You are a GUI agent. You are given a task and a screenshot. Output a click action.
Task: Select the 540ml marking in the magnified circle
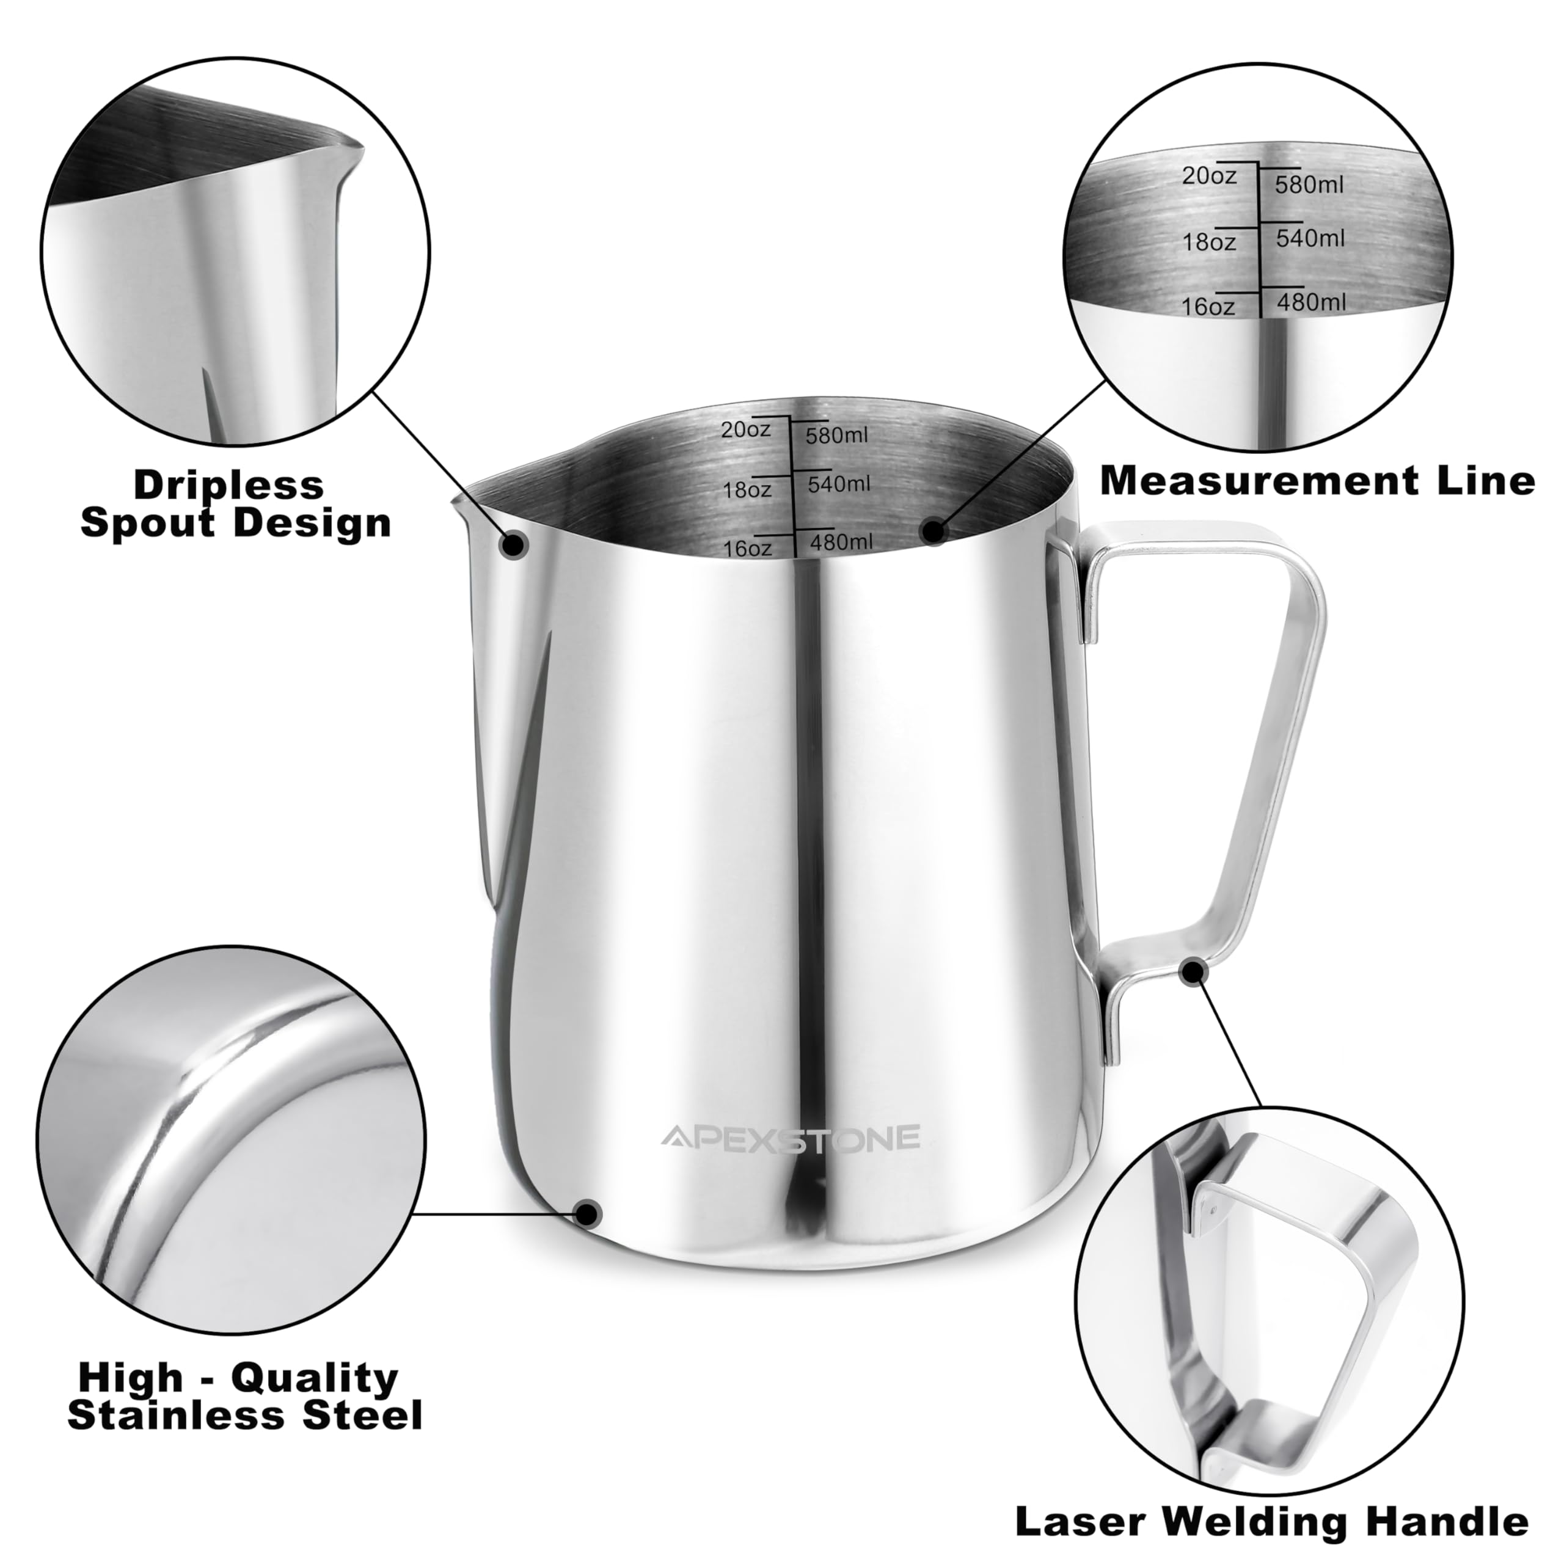tap(1310, 238)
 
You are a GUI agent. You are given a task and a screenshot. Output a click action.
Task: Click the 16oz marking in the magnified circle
tap(1208, 307)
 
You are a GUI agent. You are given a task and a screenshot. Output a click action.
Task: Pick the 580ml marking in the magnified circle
tap(1309, 185)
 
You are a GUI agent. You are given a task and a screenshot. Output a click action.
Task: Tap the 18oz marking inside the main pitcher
tap(747, 489)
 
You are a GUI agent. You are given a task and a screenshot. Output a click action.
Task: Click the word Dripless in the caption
tap(228, 485)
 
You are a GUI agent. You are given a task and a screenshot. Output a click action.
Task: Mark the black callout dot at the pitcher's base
tap(588, 1235)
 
